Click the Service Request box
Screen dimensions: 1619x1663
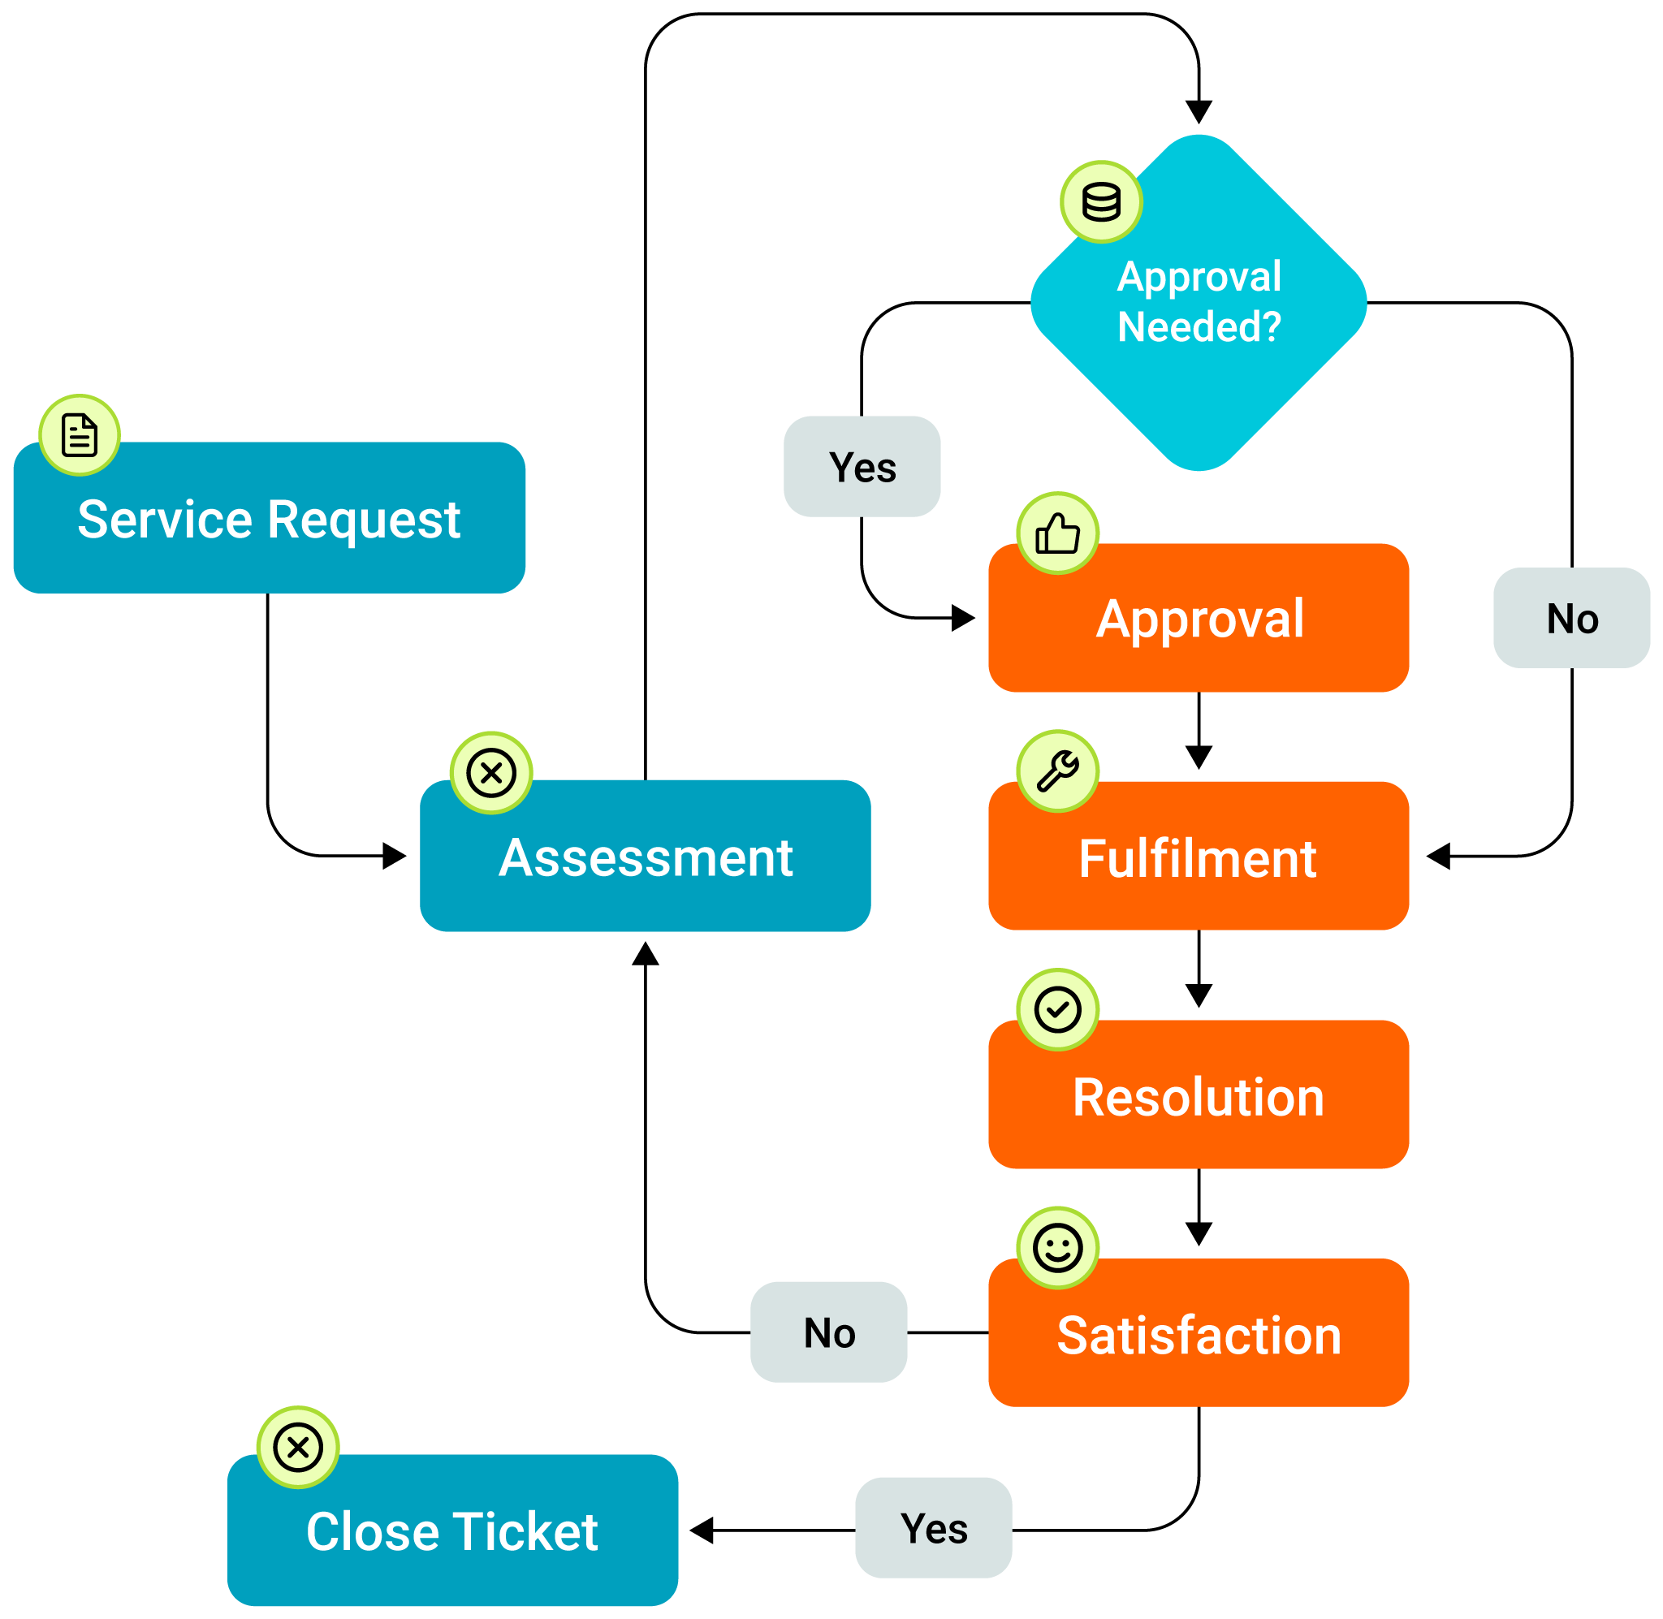269,519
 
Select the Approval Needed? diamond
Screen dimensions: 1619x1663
1198,303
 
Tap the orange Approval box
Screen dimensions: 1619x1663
1198,619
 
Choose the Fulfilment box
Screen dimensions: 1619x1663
1198,857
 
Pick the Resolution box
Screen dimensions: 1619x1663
1198,1095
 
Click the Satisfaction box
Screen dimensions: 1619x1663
1198,1333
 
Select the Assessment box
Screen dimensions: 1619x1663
645,857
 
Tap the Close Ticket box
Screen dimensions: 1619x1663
452,1530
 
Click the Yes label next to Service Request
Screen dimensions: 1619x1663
862,467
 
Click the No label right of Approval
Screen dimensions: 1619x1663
1571,618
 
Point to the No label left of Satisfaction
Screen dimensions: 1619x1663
828,1332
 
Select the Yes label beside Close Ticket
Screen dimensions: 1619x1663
933,1527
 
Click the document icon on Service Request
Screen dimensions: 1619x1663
80,434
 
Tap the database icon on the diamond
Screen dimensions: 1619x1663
1100,202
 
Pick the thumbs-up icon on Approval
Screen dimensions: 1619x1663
1058,533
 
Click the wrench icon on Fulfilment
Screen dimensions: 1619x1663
1058,771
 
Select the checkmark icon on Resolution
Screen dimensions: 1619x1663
1058,1009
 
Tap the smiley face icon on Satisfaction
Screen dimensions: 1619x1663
1058,1247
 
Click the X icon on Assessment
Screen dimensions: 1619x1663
490,773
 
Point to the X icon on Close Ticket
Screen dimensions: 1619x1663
297,1447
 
